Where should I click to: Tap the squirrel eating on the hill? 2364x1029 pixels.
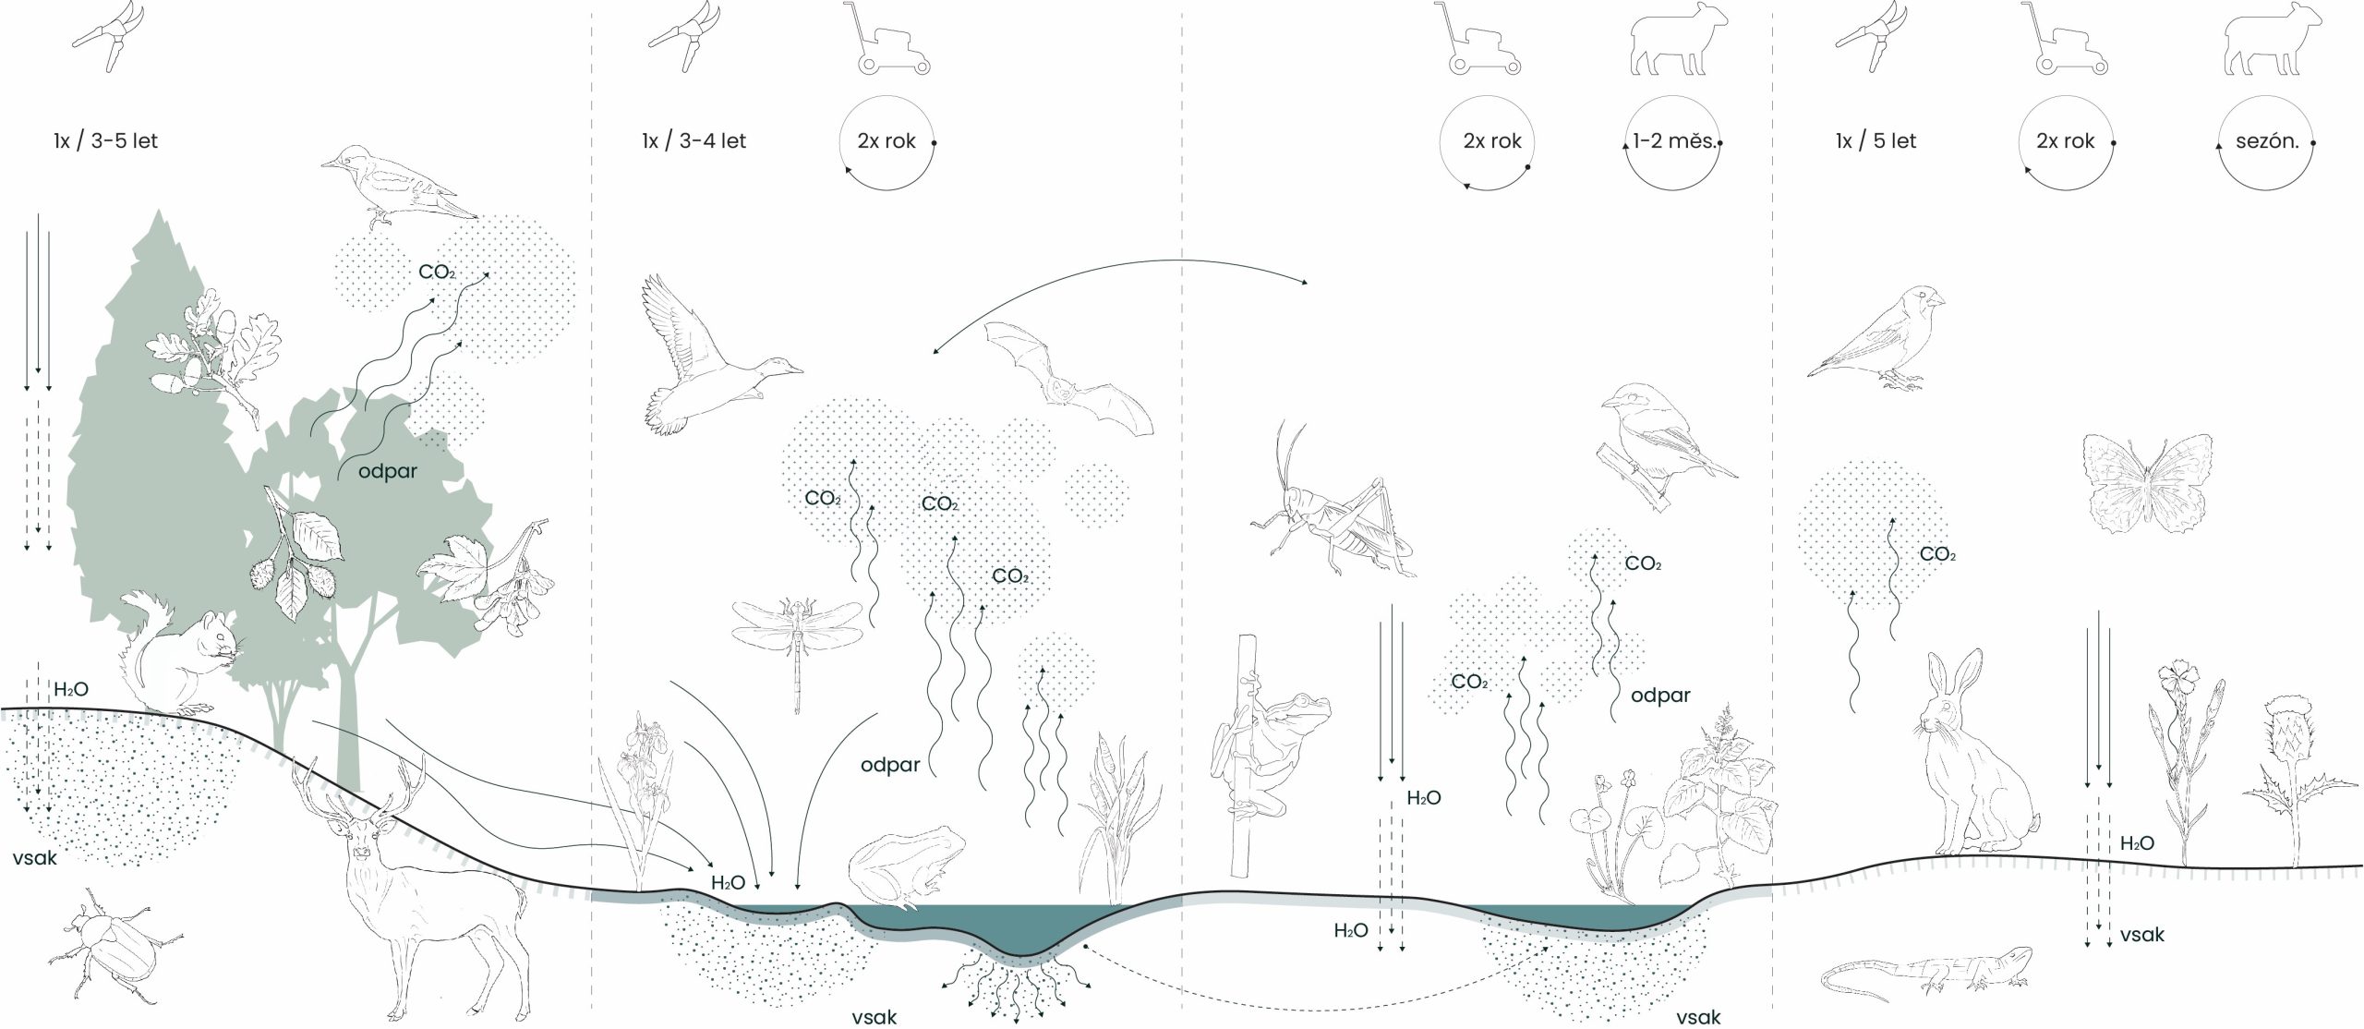point(185,651)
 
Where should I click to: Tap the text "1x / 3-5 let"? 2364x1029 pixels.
point(105,141)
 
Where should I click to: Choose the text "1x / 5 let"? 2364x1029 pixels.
point(1876,141)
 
